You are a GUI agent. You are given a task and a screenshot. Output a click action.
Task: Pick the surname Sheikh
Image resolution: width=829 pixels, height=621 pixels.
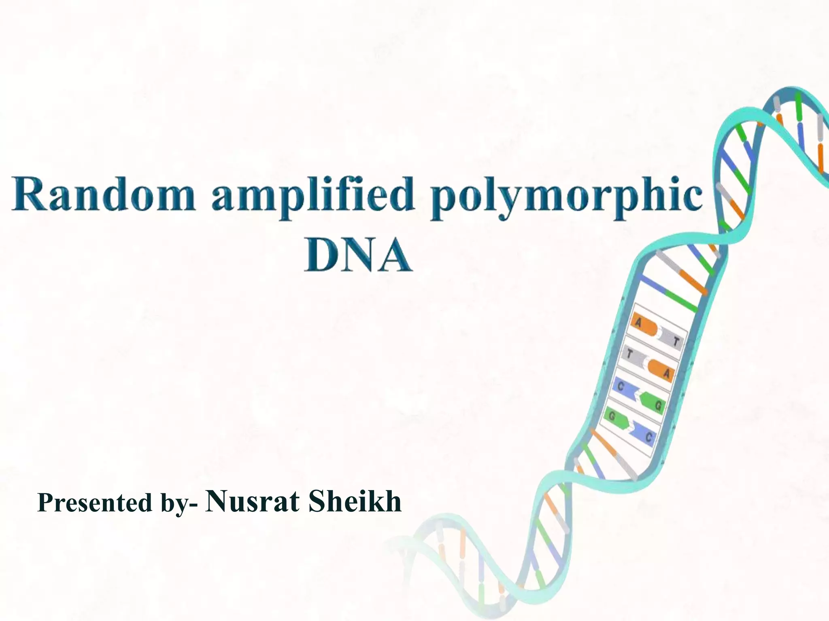355,501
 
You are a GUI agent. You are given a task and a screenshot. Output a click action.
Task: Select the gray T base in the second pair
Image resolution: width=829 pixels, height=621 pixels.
634,356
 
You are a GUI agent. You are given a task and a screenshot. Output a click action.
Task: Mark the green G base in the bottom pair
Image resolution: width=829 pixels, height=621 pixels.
615,418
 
